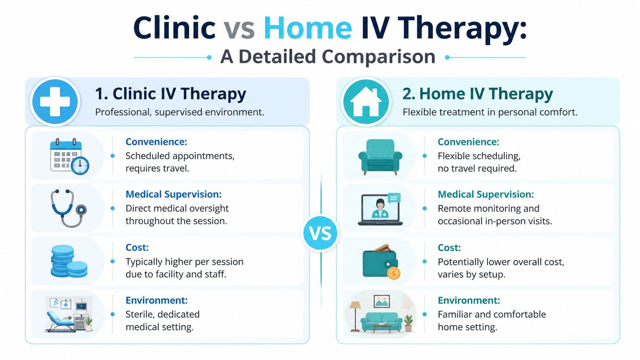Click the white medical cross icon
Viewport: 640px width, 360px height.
(55, 102)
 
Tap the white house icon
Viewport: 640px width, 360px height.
(366, 102)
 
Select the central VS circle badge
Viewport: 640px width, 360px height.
(320, 233)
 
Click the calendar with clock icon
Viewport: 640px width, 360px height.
(69, 156)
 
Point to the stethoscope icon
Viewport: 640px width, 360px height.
(69, 208)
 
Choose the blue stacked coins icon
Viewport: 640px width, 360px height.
(69, 261)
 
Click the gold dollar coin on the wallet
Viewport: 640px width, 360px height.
(394, 274)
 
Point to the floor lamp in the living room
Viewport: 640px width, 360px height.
(355, 316)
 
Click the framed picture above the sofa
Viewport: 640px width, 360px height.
(382, 301)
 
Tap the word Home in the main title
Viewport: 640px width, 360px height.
(307, 28)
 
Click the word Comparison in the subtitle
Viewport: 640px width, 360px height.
(379, 57)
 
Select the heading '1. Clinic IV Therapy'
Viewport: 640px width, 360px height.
(171, 94)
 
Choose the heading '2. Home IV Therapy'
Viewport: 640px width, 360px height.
(477, 94)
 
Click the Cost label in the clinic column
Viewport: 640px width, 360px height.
(137, 247)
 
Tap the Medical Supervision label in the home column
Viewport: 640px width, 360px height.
(486, 194)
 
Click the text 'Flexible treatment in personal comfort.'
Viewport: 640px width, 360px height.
(490, 112)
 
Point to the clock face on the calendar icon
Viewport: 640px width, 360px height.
(80, 165)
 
